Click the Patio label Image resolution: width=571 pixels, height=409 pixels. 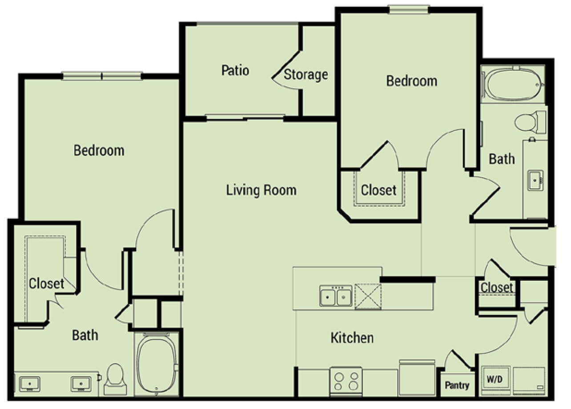coord(235,70)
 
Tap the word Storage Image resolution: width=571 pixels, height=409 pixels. coord(306,74)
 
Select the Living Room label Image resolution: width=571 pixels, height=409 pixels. coord(261,190)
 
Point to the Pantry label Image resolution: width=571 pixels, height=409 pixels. coord(457,385)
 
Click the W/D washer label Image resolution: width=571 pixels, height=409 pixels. coord(495,379)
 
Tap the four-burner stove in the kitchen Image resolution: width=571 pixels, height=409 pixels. coord(346,381)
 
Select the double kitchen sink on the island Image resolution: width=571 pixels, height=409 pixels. coord(336,296)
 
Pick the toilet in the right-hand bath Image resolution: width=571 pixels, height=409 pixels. coord(530,122)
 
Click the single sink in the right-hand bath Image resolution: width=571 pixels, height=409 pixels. coord(535,180)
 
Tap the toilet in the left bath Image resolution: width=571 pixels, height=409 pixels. coord(115,379)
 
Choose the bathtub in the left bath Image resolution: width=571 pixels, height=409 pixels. coord(156,363)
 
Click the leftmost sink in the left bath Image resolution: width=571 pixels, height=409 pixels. coord(30,384)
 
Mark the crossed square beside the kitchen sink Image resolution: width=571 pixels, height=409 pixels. coord(368,296)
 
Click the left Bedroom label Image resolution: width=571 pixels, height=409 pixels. coord(99,150)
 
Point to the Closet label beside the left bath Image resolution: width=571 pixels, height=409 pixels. coord(46,283)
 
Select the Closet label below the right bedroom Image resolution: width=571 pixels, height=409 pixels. coord(378,190)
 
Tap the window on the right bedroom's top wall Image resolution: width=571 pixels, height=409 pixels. coord(408,10)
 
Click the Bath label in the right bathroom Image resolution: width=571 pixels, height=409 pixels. coord(502,159)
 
